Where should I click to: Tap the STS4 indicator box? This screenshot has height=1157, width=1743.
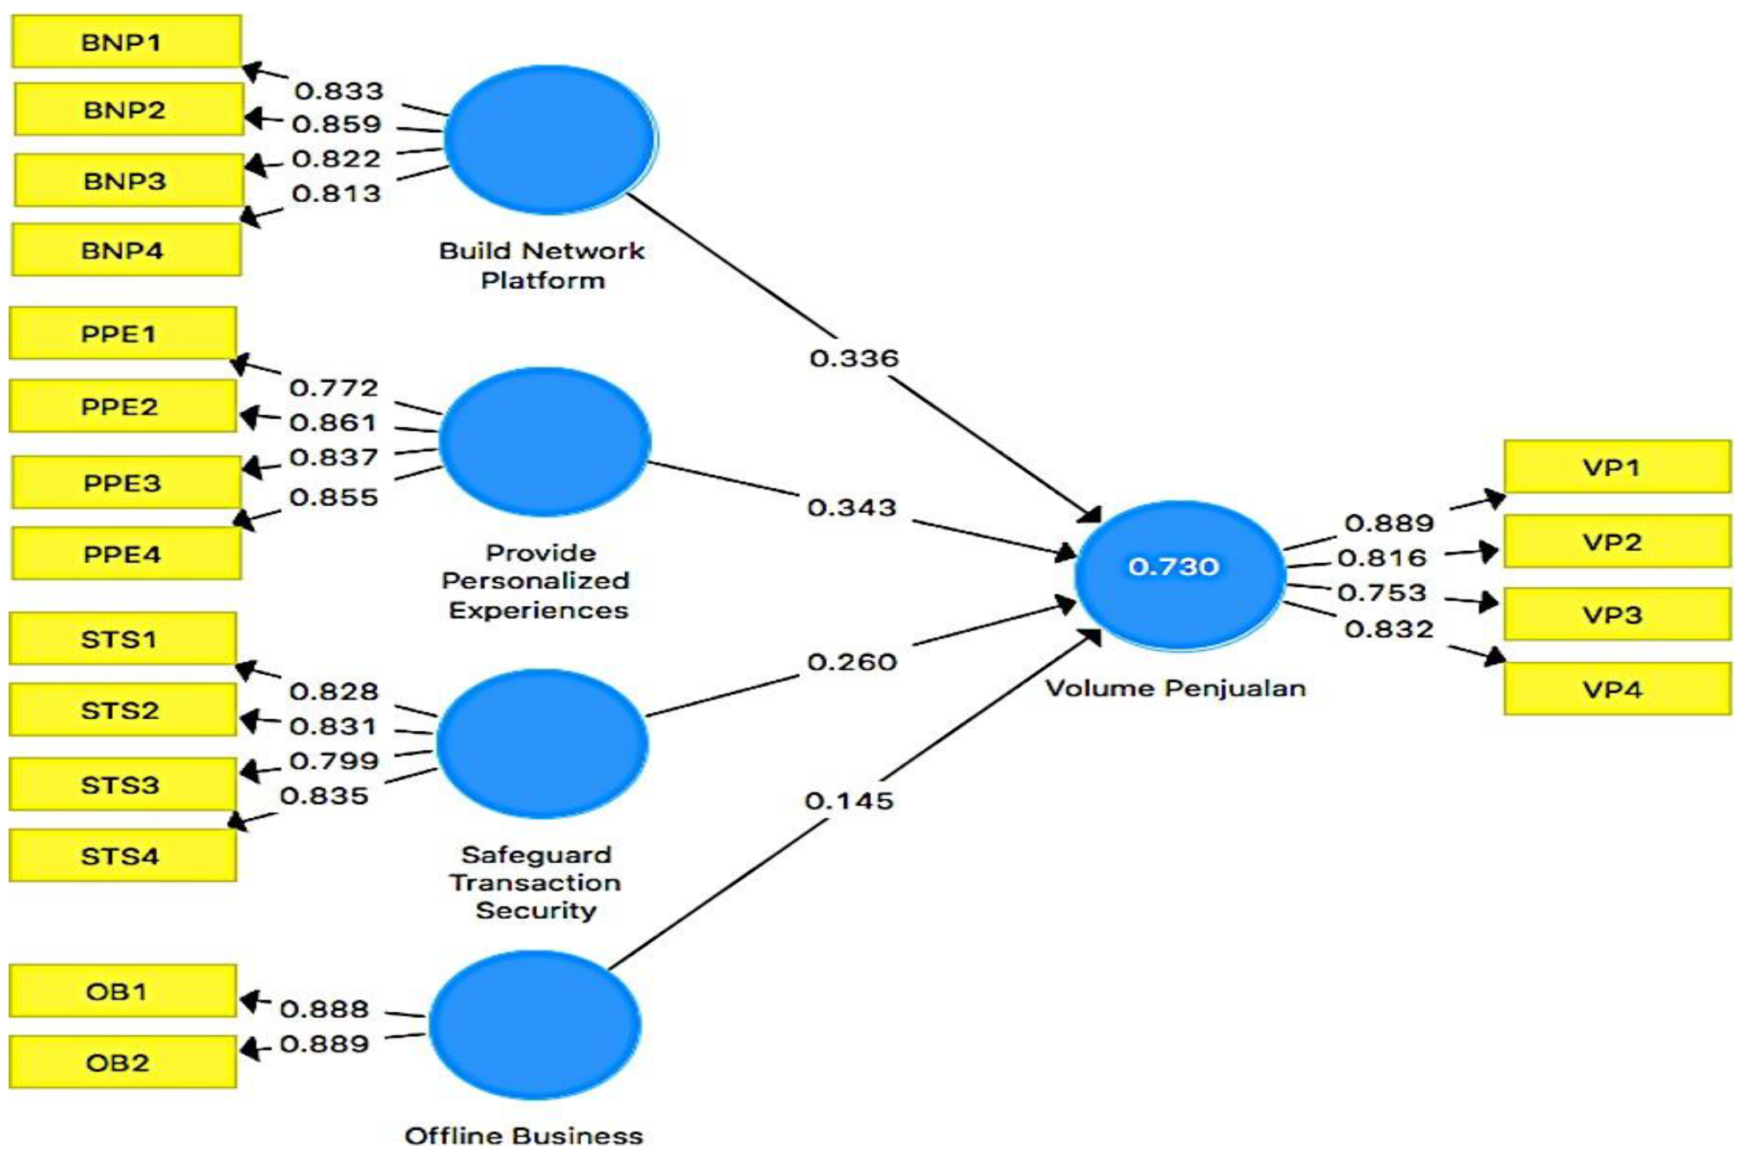pos(122,856)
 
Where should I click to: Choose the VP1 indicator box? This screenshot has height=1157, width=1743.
pos(1617,467)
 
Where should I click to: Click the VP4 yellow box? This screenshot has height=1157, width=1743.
pos(1617,689)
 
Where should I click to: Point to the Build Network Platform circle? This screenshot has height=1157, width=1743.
pos(551,139)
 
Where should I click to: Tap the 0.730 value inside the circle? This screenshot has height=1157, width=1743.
pos(1174,567)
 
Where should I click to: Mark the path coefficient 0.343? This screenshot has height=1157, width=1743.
pos(852,508)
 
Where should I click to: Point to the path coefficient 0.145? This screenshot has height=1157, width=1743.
pos(849,800)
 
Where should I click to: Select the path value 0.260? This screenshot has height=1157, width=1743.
pos(852,662)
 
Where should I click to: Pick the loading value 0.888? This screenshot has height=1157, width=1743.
pos(324,1008)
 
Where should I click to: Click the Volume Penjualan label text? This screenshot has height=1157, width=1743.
pos(1176,688)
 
